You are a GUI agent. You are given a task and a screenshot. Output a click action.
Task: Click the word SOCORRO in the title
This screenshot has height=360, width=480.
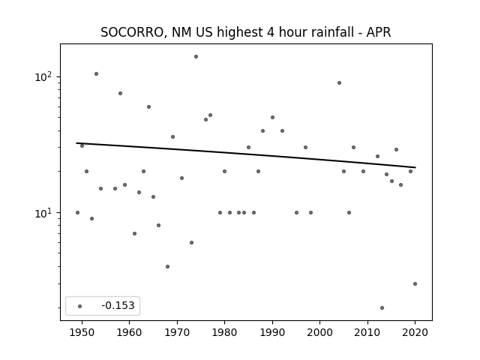133,33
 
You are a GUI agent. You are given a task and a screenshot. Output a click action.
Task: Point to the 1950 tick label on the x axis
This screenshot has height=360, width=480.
82,332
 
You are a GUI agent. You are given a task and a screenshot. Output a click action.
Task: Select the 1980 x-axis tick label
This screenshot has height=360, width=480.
225,332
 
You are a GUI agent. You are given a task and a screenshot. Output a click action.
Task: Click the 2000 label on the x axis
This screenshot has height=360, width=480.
320,332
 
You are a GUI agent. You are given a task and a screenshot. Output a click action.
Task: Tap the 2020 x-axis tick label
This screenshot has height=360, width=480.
415,332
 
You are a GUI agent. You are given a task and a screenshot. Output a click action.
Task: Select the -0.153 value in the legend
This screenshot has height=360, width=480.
118,305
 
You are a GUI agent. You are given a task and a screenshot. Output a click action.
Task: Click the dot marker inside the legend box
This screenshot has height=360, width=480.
80,306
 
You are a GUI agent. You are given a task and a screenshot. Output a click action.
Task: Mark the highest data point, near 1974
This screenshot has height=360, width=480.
196,57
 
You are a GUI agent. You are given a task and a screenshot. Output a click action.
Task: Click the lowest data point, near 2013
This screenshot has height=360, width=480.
382,308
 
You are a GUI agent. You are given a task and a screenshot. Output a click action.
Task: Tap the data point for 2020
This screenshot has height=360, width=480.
415,283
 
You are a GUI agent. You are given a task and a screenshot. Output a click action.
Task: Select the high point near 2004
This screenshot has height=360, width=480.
339,83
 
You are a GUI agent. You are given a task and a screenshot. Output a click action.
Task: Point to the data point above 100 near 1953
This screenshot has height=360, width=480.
96,73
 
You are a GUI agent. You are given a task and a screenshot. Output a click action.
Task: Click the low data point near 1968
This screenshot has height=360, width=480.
167,267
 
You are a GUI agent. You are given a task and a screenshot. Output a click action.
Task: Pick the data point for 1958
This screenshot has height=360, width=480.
120,93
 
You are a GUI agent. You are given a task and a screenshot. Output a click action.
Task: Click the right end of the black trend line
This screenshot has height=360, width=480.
415,167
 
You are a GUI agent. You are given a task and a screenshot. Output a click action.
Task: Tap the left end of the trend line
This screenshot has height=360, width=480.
76,143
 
